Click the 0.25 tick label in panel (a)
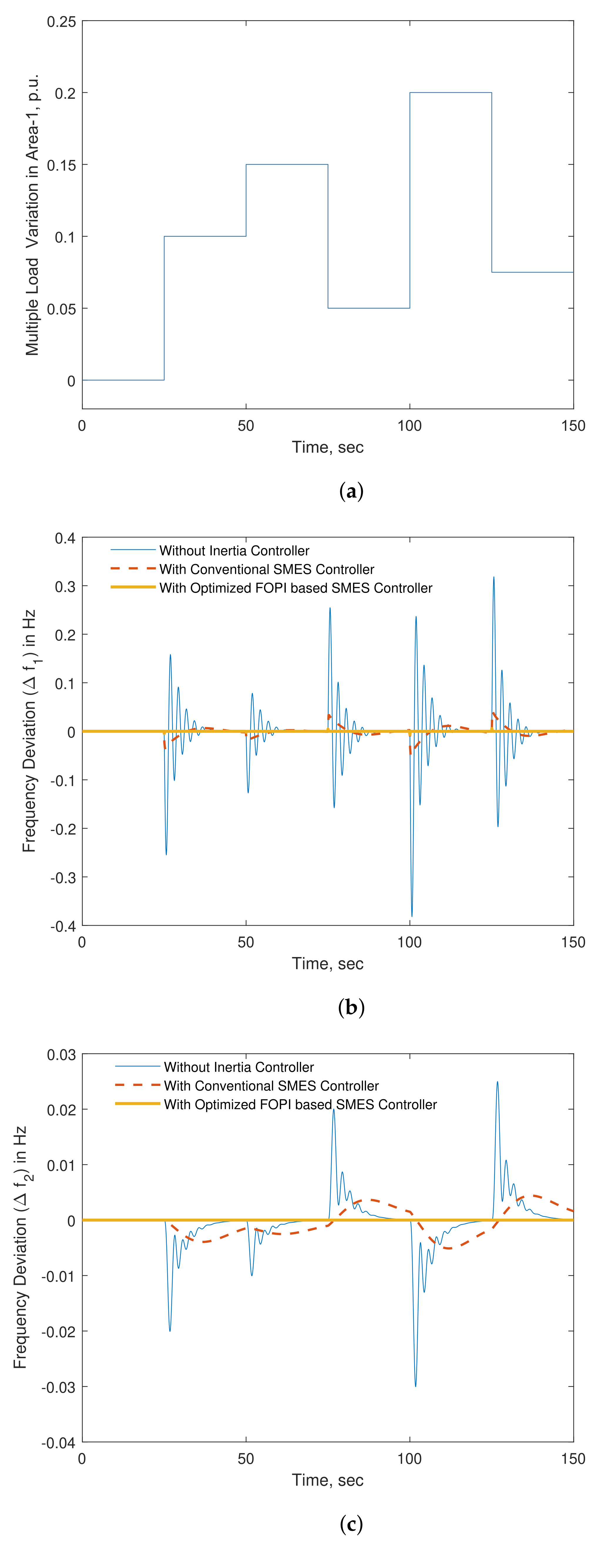click(62, 22)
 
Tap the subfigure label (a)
click(351, 492)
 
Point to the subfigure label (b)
click(351, 1008)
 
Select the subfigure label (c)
click(351, 1523)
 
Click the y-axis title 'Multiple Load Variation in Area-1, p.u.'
click(32, 216)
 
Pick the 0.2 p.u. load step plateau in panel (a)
click(450, 93)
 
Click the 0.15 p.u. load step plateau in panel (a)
click(287, 165)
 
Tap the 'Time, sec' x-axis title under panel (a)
click(327, 447)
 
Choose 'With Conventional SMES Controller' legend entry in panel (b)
click(266, 569)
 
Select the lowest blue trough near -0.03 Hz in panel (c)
click(415, 1386)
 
